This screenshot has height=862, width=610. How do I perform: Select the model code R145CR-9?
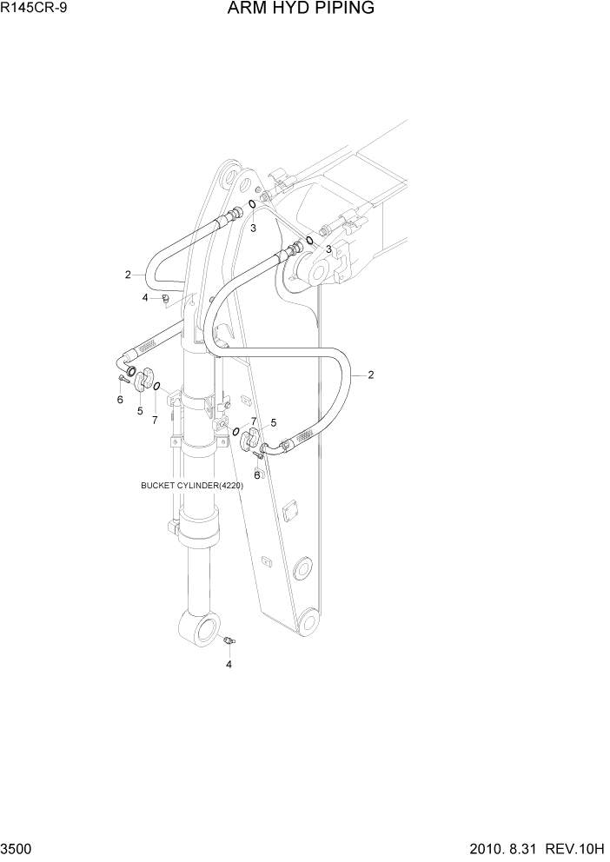tap(33, 9)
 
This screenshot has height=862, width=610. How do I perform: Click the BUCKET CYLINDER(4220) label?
tap(192, 486)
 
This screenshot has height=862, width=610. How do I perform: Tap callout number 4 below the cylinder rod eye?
tap(229, 665)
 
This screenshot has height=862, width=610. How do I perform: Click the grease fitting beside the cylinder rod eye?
tap(230, 641)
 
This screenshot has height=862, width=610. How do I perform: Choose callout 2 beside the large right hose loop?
tap(371, 375)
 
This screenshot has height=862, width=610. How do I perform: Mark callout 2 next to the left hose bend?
tap(128, 275)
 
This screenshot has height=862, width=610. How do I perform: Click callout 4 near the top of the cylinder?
tap(145, 298)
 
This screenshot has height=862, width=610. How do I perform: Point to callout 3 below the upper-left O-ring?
tap(254, 229)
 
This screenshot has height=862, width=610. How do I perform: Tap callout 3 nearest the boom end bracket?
tap(328, 249)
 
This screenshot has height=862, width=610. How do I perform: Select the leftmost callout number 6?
tap(120, 400)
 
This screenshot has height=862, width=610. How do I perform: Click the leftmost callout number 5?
tap(140, 410)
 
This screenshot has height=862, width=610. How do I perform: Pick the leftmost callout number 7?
tap(155, 421)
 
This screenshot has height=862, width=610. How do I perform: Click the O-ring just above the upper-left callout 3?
tap(251, 205)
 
